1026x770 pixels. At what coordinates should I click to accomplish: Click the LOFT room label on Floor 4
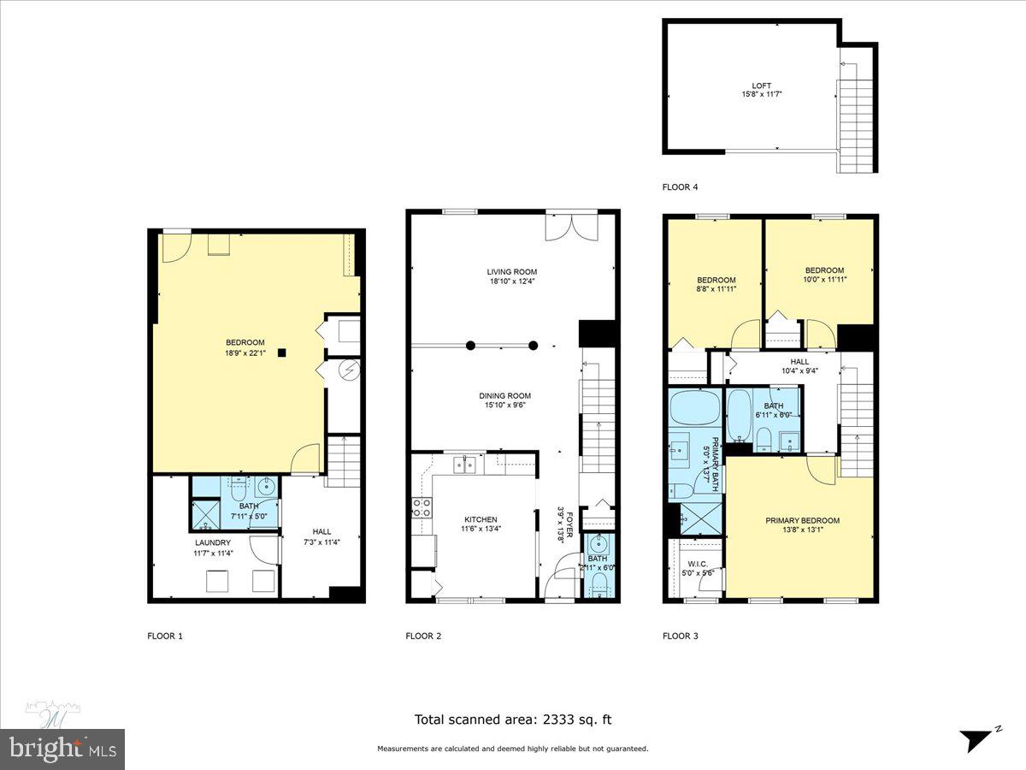(x=761, y=86)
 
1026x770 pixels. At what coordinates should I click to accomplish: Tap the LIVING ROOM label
(x=511, y=272)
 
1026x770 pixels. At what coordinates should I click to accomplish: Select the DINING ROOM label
(x=504, y=395)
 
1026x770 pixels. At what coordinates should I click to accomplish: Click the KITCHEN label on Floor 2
(x=481, y=519)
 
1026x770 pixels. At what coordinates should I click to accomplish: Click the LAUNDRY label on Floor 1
(x=214, y=542)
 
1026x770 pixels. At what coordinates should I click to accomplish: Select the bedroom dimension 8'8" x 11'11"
(x=716, y=289)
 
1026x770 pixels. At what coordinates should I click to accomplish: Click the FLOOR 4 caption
(x=681, y=187)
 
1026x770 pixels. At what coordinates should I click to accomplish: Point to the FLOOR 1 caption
(x=166, y=636)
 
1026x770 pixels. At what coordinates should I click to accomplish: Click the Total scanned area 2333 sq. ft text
(x=513, y=720)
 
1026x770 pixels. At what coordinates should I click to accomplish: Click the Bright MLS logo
(x=62, y=749)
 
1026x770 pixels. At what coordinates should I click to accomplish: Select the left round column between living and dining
(x=470, y=346)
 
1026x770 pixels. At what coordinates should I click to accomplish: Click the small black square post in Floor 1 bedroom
(x=281, y=352)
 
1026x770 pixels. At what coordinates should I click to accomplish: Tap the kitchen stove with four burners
(x=422, y=507)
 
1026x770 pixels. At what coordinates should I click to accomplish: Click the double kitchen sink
(x=466, y=465)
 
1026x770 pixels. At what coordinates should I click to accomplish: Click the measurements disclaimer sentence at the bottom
(x=513, y=749)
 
